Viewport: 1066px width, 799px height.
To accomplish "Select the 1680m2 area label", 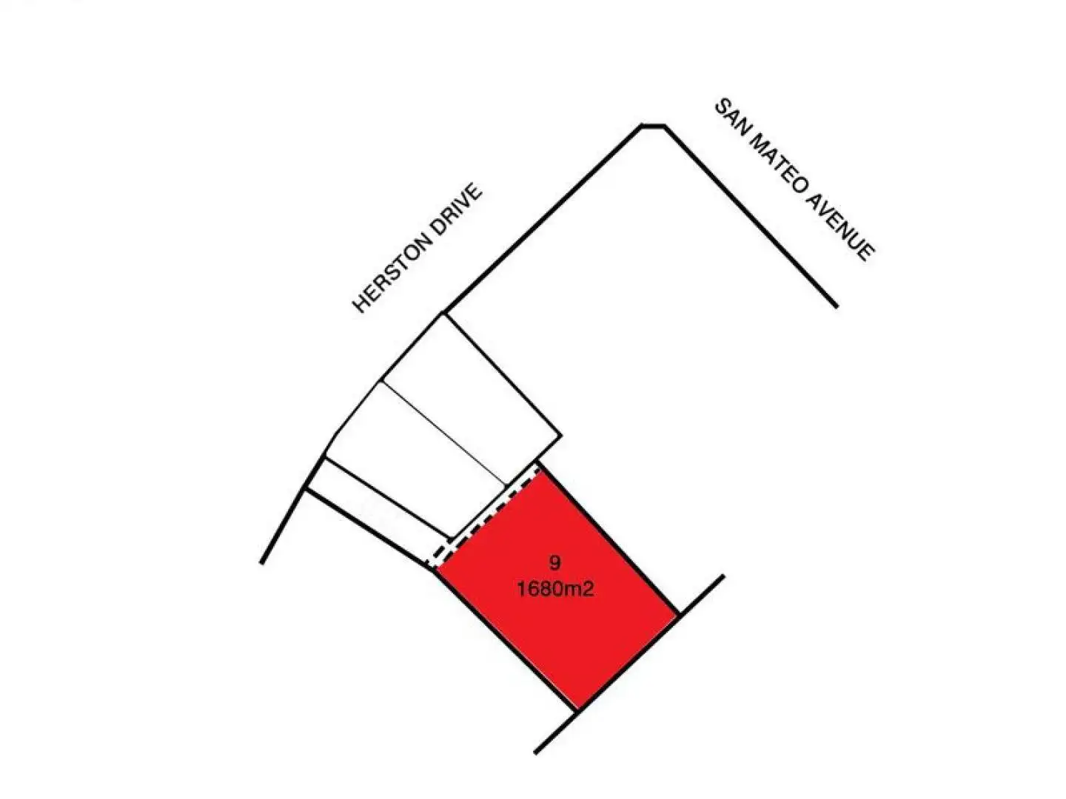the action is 556,590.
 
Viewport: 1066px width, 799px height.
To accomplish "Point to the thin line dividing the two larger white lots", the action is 444,434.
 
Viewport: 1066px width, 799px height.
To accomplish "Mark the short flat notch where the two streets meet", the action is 652,126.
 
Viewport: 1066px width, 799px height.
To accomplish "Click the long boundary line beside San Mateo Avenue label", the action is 748,214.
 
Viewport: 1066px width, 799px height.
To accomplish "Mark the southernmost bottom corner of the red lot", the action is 577,711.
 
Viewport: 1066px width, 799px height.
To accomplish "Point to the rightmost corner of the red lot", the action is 678,614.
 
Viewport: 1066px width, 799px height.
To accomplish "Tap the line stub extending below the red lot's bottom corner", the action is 555,733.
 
